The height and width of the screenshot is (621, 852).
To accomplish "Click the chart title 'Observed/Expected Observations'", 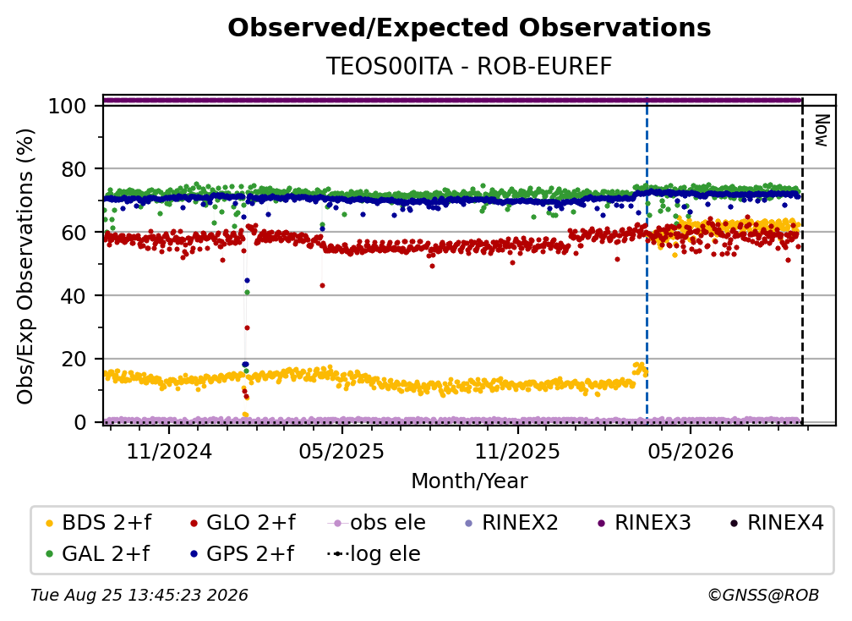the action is pos(469,28).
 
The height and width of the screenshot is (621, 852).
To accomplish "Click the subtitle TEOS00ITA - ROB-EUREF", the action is pos(469,66).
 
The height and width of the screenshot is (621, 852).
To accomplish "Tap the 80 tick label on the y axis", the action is pos(74,169).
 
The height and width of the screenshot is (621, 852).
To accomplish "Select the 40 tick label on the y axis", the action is pos(74,296).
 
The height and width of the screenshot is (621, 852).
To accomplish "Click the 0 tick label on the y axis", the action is pos(80,422).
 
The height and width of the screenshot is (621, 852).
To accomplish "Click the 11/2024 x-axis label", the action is pos(169,451).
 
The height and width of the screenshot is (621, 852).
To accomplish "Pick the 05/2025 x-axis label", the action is pos(341,451).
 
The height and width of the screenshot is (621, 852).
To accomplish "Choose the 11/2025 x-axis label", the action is pos(517,451).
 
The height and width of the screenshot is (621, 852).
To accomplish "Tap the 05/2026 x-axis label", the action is pos(691,451).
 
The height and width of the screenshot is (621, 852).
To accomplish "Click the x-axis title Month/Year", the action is pos(469,481).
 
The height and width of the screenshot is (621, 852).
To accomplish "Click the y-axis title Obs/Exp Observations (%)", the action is pos(25,267).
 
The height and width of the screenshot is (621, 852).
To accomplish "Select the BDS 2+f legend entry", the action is pos(98,523).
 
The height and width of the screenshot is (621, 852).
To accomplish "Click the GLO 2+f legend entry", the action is pos(243,523).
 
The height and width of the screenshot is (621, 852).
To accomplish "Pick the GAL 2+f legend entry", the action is pos(97,553).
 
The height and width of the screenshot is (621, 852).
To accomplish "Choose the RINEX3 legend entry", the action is pos(644,523).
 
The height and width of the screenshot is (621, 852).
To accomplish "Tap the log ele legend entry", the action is pos(374,553).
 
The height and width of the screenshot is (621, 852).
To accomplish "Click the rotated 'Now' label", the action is pos(821,130).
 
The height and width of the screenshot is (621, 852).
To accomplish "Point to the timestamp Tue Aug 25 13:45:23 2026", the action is pos(139,595).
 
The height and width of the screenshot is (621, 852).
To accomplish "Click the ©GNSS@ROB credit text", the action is pos(763,595).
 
